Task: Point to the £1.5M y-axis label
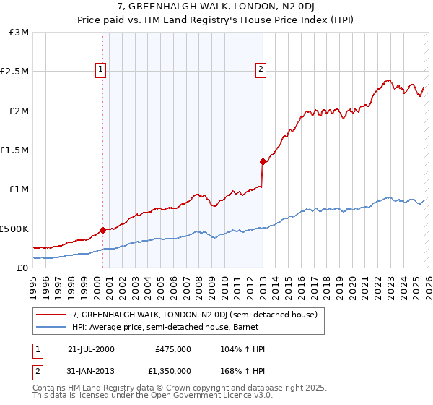(x=14, y=150)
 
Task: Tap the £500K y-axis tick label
(x=14, y=229)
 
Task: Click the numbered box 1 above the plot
(x=100, y=69)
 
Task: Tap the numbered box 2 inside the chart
(x=261, y=69)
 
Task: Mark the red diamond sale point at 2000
(x=103, y=230)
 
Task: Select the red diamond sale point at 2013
(x=263, y=162)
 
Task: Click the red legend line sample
(x=51, y=315)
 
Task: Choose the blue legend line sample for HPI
(x=51, y=328)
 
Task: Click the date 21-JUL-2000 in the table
(x=91, y=349)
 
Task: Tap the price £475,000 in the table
(x=173, y=349)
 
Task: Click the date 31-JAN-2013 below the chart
(x=91, y=371)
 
